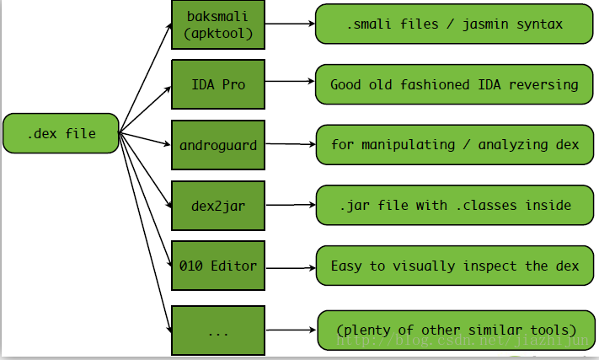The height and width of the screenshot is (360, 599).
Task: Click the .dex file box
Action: [61, 133]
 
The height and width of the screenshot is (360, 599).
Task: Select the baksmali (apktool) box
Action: [218, 24]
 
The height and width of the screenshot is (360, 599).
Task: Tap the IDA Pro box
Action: [218, 84]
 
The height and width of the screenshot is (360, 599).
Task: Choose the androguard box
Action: [218, 145]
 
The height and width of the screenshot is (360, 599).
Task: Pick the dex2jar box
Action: [218, 206]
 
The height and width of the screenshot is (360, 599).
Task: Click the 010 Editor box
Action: [218, 266]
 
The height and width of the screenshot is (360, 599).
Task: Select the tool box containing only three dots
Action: [218, 330]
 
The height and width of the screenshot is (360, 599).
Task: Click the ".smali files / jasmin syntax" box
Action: [454, 24]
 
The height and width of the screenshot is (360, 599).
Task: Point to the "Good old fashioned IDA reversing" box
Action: [454, 84]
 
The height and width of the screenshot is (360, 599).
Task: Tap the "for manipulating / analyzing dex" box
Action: [455, 145]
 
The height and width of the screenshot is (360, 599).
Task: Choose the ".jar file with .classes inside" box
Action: [455, 205]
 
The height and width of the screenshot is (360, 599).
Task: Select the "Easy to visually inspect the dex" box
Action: [455, 266]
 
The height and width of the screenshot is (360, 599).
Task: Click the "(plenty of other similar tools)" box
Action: [456, 330]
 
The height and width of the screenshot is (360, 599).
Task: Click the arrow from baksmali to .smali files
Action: [290, 24]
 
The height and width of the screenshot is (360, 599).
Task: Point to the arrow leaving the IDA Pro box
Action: [290, 81]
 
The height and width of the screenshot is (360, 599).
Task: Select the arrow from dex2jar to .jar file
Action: [291, 205]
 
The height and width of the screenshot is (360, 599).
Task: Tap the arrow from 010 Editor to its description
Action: [291, 268]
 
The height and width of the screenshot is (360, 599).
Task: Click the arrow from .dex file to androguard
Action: [144, 139]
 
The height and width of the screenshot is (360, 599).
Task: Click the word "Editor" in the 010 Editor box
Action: [234, 266]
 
